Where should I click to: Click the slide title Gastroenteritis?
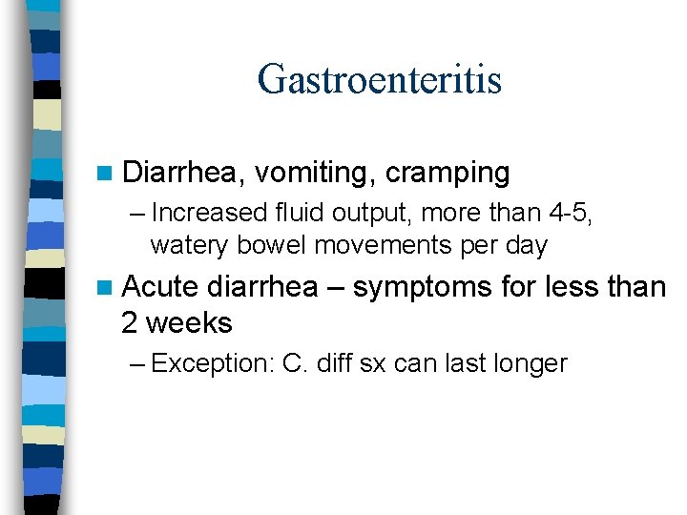(379, 78)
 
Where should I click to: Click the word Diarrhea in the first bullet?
(182, 173)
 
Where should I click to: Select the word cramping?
(448, 174)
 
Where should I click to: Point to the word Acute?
(159, 286)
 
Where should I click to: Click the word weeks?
(189, 322)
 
